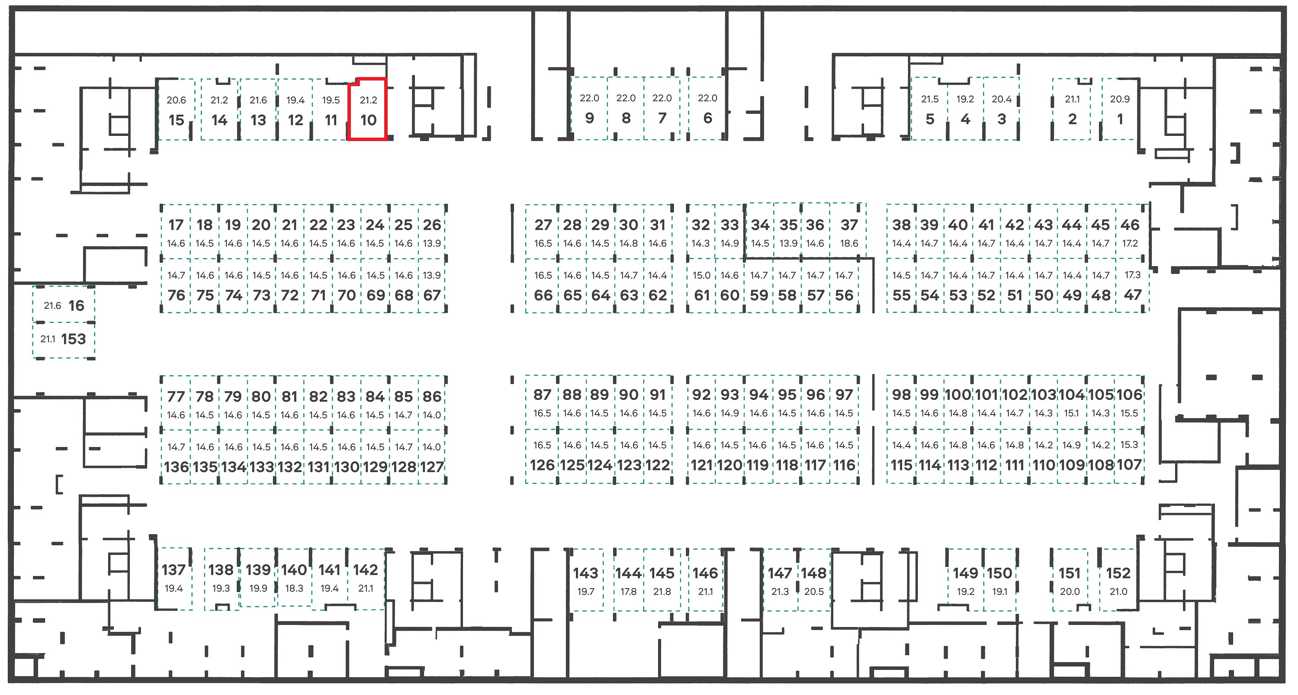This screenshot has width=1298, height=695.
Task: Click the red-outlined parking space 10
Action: tap(368, 109)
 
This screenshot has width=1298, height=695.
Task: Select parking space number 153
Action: tap(64, 340)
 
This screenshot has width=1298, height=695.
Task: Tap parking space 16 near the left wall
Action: tap(64, 304)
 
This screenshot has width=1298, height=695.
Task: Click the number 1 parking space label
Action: tap(1120, 119)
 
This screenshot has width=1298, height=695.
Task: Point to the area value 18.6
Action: tap(848, 244)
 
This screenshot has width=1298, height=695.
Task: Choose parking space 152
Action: tap(1118, 580)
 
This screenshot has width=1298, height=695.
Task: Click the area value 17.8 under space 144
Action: tap(628, 592)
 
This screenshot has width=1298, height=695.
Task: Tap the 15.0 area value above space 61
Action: tap(701, 276)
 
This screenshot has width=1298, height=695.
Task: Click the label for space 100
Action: tap(957, 395)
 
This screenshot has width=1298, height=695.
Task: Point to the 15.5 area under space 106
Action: tap(1129, 413)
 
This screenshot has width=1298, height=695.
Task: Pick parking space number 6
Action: tap(707, 108)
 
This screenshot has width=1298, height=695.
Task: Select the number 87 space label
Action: tap(542, 395)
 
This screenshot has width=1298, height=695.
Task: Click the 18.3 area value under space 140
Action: tap(294, 588)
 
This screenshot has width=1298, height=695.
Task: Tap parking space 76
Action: tap(176, 286)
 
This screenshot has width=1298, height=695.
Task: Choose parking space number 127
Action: tap(432, 457)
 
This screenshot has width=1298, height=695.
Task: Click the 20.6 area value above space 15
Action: tap(177, 100)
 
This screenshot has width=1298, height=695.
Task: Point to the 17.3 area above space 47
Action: tap(1132, 275)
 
